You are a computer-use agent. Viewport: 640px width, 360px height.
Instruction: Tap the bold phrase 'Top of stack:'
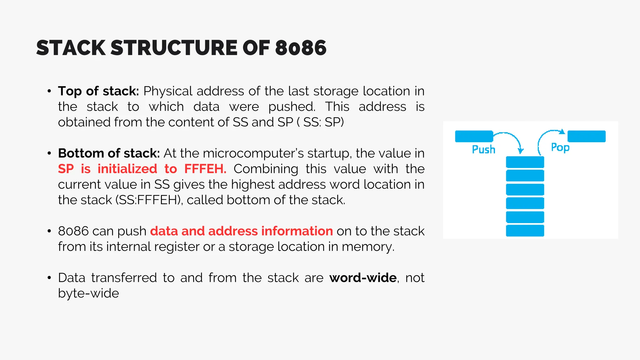[98, 91]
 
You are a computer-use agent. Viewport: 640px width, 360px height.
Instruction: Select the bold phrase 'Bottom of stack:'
[109, 153]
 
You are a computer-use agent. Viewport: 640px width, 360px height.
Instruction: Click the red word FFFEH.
[205, 169]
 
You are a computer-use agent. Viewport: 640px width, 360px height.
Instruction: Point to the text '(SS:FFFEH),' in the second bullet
[149, 200]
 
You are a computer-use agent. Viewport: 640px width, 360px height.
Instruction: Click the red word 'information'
[297, 231]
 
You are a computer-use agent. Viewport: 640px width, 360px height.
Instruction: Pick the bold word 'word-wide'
[363, 278]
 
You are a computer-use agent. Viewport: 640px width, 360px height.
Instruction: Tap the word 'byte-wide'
[88, 293]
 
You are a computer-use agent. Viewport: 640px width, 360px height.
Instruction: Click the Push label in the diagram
[483, 150]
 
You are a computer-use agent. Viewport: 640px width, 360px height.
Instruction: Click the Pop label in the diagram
[560, 147]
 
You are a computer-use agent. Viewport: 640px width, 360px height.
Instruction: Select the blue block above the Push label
[474, 137]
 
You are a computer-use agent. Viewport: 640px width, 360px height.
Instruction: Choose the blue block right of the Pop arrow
[586, 137]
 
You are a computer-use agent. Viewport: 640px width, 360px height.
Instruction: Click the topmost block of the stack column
[525, 162]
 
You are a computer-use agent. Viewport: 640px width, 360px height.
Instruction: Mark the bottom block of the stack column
[525, 231]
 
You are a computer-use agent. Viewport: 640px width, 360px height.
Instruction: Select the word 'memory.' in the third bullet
[368, 247]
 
